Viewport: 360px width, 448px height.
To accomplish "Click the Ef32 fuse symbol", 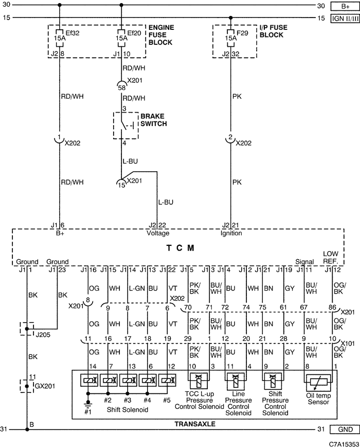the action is click(x=60, y=38).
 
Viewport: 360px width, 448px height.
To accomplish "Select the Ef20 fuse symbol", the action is click(x=121, y=38).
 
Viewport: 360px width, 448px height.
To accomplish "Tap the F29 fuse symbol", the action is click(x=231, y=38).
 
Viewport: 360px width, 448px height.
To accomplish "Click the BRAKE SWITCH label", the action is click(x=154, y=120).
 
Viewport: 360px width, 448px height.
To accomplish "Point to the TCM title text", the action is click(x=181, y=248).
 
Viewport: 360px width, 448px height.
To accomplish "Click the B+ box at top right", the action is click(x=345, y=6).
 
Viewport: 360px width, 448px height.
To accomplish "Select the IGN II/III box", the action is click(x=345, y=19).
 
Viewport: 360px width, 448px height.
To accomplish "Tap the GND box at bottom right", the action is click(x=345, y=429).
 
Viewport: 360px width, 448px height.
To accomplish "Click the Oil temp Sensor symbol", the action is click(x=318, y=383).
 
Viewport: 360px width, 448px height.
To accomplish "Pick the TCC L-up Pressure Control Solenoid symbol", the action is click(x=199, y=381).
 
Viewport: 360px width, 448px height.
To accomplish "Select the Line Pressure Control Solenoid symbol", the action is click(x=236, y=381).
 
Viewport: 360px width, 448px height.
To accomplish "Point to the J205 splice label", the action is click(x=43, y=335).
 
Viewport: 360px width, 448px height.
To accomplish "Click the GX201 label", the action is click(x=45, y=386).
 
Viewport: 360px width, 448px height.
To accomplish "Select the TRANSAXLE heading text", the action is click(x=195, y=424).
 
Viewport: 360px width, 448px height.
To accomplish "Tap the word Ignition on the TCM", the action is click(x=231, y=233).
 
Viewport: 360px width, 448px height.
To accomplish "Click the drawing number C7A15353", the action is click(x=344, y=444).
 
